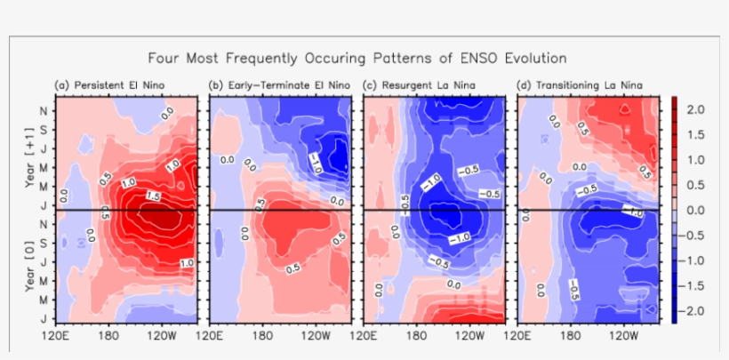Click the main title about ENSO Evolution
[x=364, y=58]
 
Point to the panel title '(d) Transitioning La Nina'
[x=579, y=85]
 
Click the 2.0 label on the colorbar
[x=696, y=108]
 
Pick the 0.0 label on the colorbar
[x=696, y=210]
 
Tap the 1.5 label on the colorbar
[x=696, y=134]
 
